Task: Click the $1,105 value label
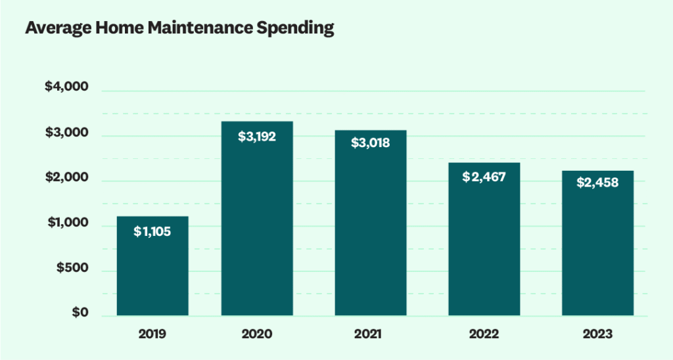(152, 231)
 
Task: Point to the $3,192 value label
(257, 137)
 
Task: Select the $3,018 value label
(371, 143)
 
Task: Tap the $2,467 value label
(484, 177)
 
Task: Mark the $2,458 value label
(597, 183)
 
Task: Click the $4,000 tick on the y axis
(66, 87)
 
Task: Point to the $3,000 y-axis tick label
(66, 133)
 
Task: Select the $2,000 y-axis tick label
(66, 177)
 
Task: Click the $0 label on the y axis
(79, 313)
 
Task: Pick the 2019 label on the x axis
(152, 334)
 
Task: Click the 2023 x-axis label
(597, 334)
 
